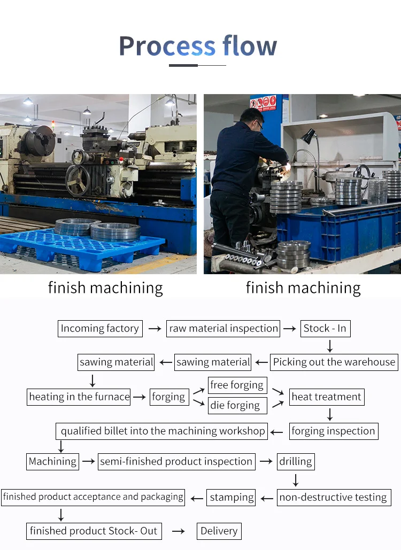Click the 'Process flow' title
click(x=198, y=46)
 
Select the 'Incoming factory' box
click(x=100, y=328)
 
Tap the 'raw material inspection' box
click(x=223, y=328)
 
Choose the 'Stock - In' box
click(x=325, y=328)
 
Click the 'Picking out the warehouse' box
click(x=334, y=362)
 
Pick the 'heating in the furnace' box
click(x=79, y=397)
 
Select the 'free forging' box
click(x=237, y=385)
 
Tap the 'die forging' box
click(x=235, y=405)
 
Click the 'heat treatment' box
click(x=326, y=397)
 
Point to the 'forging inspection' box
click(x=333, y=431)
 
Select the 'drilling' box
click(x=295, y=461)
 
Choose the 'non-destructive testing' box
click(x=333, y=497)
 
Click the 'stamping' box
click(x=232, y=497)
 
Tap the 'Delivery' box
click(x=219, y=531)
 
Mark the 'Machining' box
click(x=53, y=461)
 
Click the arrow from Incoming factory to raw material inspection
click(x=155, y=329)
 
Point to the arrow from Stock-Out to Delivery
click(x=178, y=531)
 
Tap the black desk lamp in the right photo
click(x=310, y=137)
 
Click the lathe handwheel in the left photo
click(x=78, y=180)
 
